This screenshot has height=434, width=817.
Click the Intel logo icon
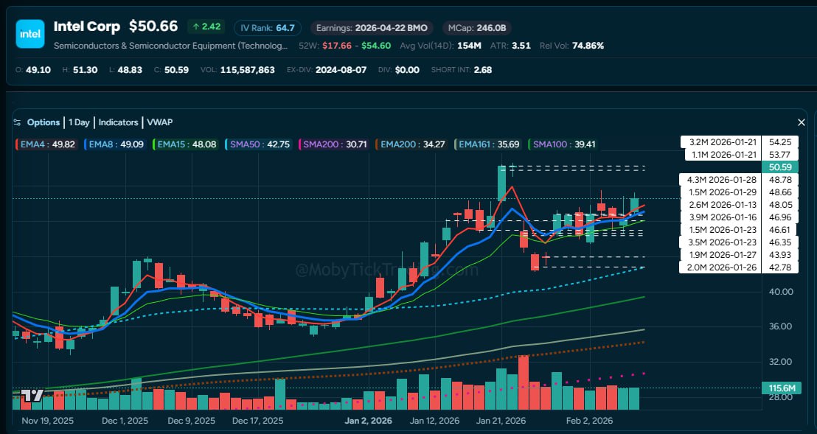pyautogui.click(x=30, y=34)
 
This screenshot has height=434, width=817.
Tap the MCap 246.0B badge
pyautogui.click(x=477, y=28)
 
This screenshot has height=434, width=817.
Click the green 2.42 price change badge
pyautogui.click(x=206, y=27)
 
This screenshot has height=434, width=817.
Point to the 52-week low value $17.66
pyautogui.click(x=336, y=46)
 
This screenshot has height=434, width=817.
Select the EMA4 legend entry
pyautogui.click(x=46, y=144)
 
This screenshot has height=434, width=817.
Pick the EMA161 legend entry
pyautogui.click(x=488, y=144)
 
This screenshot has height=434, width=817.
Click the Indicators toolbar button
pyautogui.click(x=118, y=122)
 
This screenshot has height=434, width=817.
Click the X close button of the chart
pyautogui.click(x=802, y=122)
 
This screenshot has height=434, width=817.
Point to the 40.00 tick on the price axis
pyautogui.click(x=780, y=292)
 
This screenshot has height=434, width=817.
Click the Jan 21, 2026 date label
pyautogui.click(x=501, y=421)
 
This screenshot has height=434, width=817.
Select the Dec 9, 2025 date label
pyautogui.click(x=191, y=421)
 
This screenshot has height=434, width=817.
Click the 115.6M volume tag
pyautogui.click(x=779, y=388)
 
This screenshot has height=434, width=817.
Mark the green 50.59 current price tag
pyautogui.click(x=780, y=167)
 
